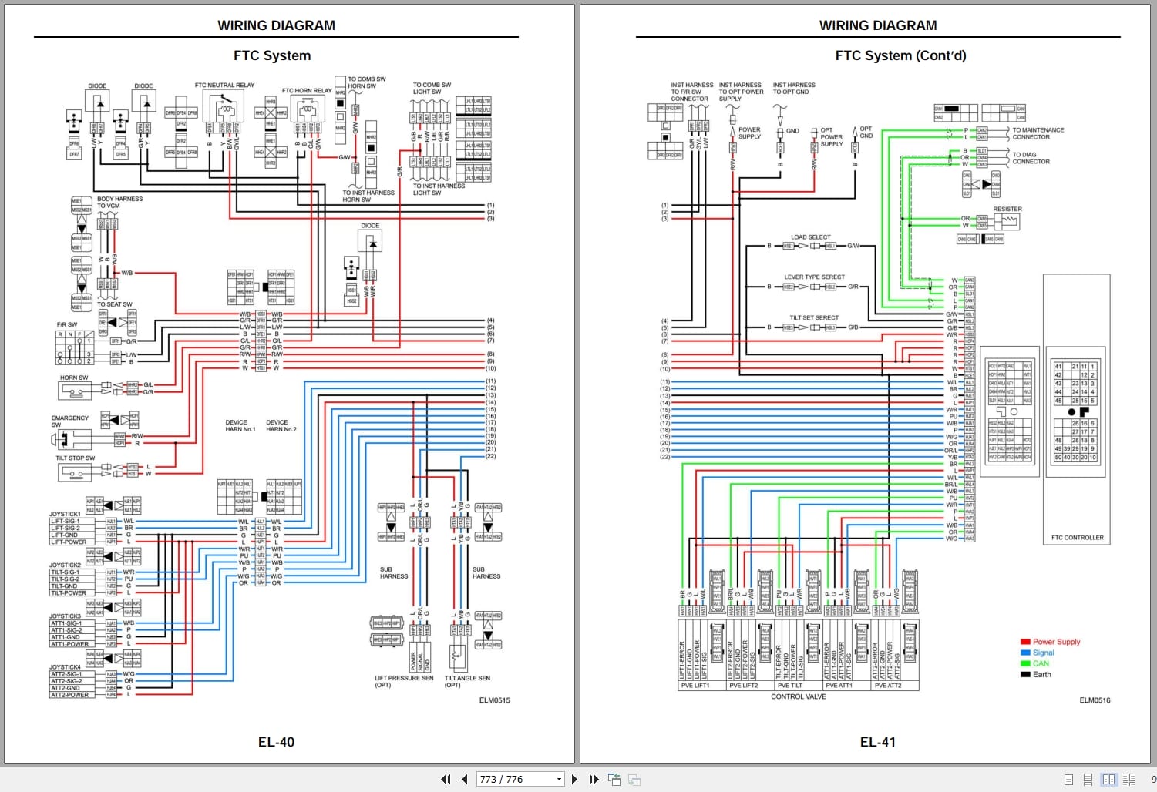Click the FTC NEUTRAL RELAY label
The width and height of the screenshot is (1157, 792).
(x=224, y=86)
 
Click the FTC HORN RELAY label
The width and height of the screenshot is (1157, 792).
(x=307, y=91)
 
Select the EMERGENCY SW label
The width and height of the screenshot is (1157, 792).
(x=70, y=421)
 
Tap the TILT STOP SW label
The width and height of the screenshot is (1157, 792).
(x=75, y=458)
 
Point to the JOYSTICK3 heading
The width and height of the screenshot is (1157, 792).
(x=66, y=616)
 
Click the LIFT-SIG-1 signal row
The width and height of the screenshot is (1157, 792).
(x=66, y=522)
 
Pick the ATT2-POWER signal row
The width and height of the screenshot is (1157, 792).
(x=69, y=695)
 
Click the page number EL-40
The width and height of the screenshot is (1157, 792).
(x=276, y=742)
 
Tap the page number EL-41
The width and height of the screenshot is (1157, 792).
(x=877, y=742)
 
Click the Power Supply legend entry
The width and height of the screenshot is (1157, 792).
(x=1056, y=642)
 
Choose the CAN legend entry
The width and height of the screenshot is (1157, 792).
(x=1041, y=663)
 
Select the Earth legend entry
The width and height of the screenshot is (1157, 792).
(x=1041, y=674)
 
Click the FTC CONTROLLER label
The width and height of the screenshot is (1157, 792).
(x=1077, y=538)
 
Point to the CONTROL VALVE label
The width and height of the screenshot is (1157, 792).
(x=798, y=696)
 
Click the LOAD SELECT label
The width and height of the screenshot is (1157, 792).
(x=810, y=237)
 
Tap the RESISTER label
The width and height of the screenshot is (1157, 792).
(x=1007, y=209)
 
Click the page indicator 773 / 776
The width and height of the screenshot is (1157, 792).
(x=502, y=779)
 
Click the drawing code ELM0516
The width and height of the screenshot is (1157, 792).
(x=1095, y=700)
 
